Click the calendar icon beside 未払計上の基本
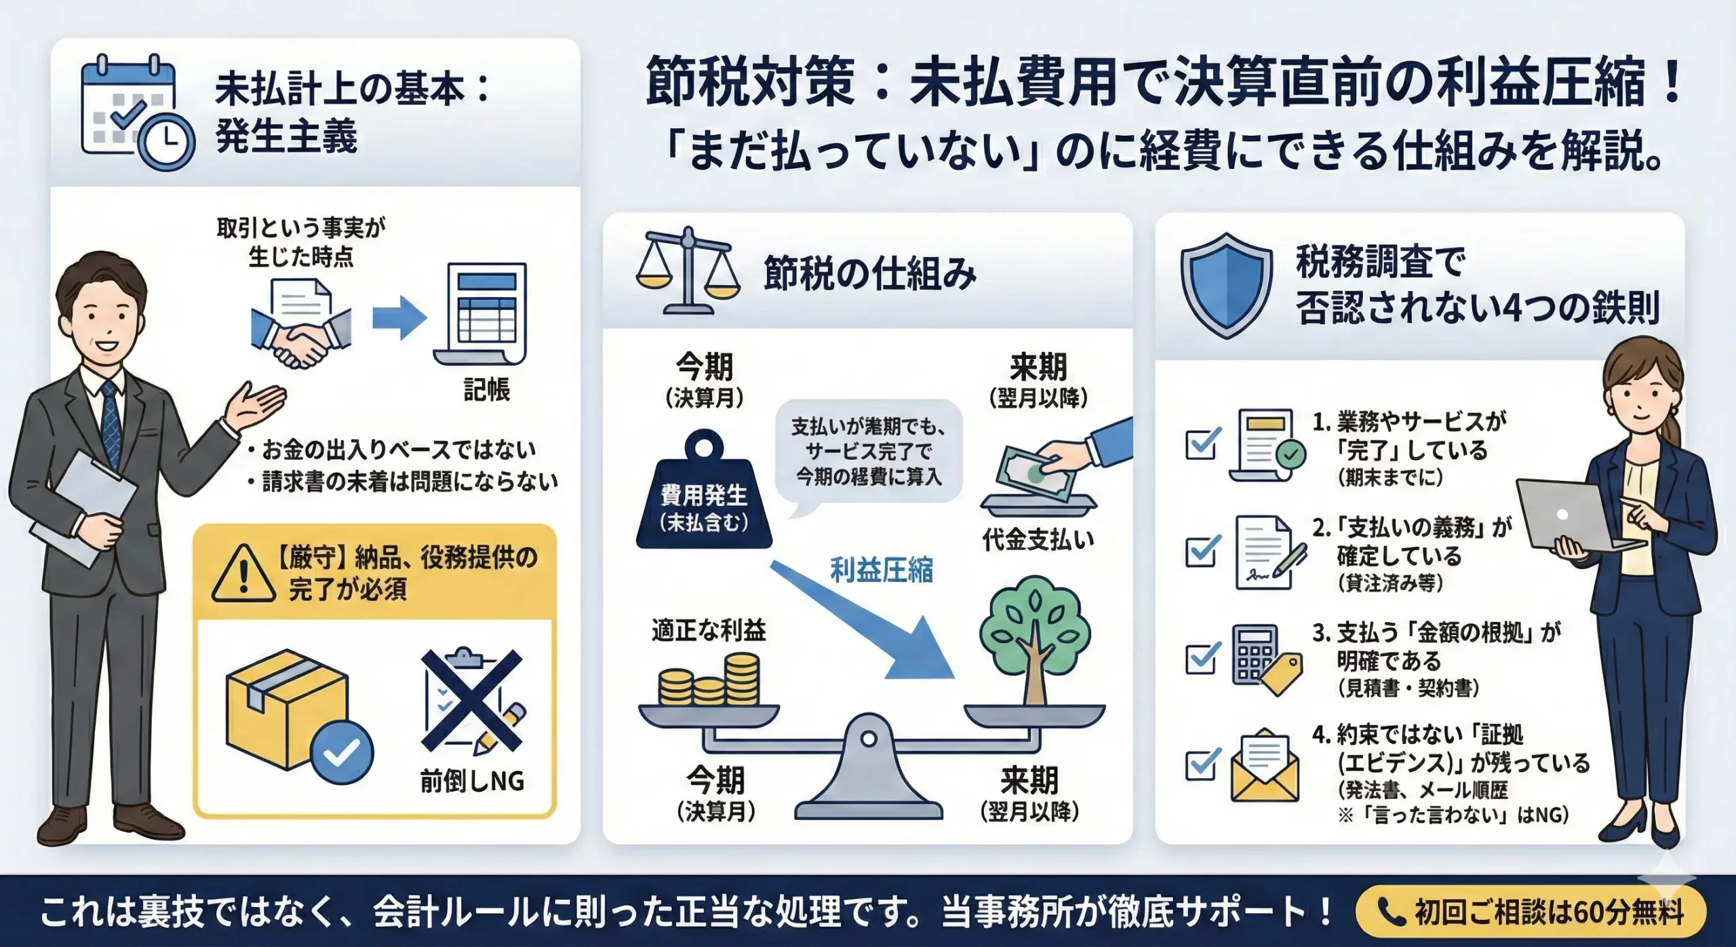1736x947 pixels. point(136,112)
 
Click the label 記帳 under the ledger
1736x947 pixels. point(486,390)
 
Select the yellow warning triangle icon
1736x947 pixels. point(243,575)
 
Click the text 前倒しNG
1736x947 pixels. point(472,781)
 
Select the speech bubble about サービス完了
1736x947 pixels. point(868,452)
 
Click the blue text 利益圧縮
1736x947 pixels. point(882,571)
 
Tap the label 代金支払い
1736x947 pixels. point(1038,540)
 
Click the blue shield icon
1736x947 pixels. point(1226,284)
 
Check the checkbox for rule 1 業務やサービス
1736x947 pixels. point(1202,444)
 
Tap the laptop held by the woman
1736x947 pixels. point(1566,516)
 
